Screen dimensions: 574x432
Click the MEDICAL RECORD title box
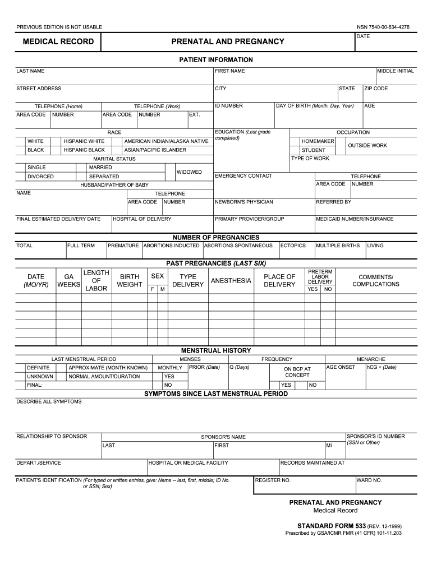[x=54, y=42]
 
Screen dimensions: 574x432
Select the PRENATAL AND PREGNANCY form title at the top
[x=228, y=42]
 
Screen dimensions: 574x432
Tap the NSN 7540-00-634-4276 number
[x=383, y=27]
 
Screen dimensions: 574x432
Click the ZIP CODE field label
[x=376, y=89]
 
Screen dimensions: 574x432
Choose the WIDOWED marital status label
[x=189, y=172]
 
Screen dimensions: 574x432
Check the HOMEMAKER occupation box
[x=295, y=141]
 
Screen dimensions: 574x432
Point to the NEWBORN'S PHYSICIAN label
[x=243, y=202]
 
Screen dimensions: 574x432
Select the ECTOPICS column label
[x=293, y=246]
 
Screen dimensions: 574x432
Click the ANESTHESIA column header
[x=231, y=281]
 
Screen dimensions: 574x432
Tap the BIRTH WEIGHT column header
[x=129, y=281]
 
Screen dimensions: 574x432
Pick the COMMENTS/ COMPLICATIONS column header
[x=375, y=281]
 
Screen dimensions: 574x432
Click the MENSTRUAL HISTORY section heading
[x=216, y=350]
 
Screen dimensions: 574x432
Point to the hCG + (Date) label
[x=382, y=367]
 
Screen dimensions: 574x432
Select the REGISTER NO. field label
[x=273, y=480]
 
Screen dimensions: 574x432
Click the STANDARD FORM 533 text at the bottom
[x=331, y=527]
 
